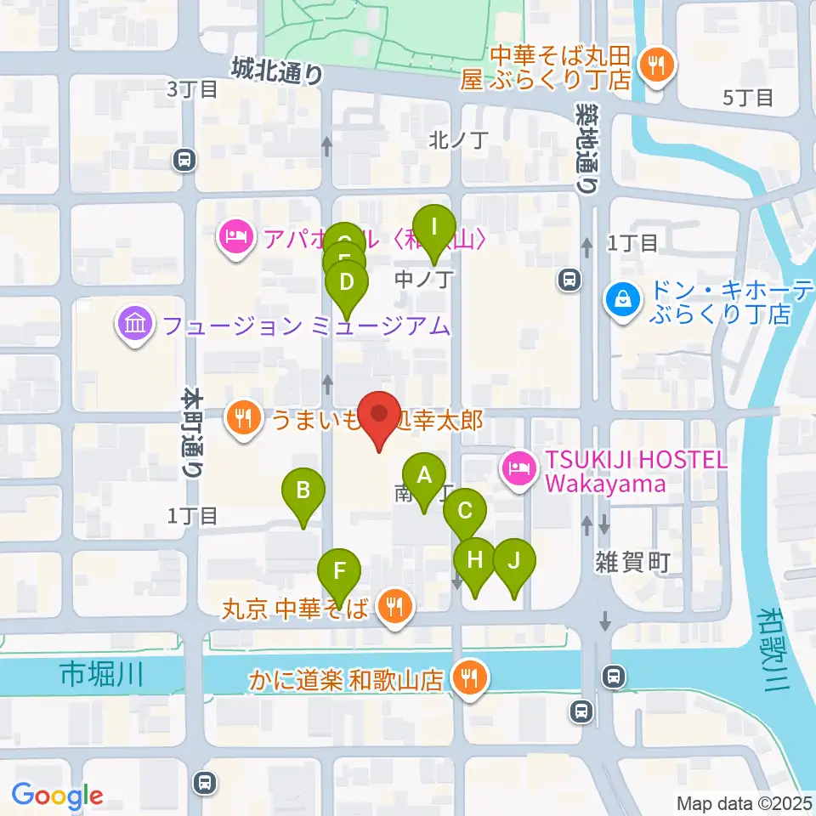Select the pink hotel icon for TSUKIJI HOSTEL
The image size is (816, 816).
tap(519, 466)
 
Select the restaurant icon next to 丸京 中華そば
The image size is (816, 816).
tap(394, 606)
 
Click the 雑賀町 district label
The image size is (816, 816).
tap(632, 561)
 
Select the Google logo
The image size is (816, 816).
tap(57, 795)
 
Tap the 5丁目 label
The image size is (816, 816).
tap(747, 98)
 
